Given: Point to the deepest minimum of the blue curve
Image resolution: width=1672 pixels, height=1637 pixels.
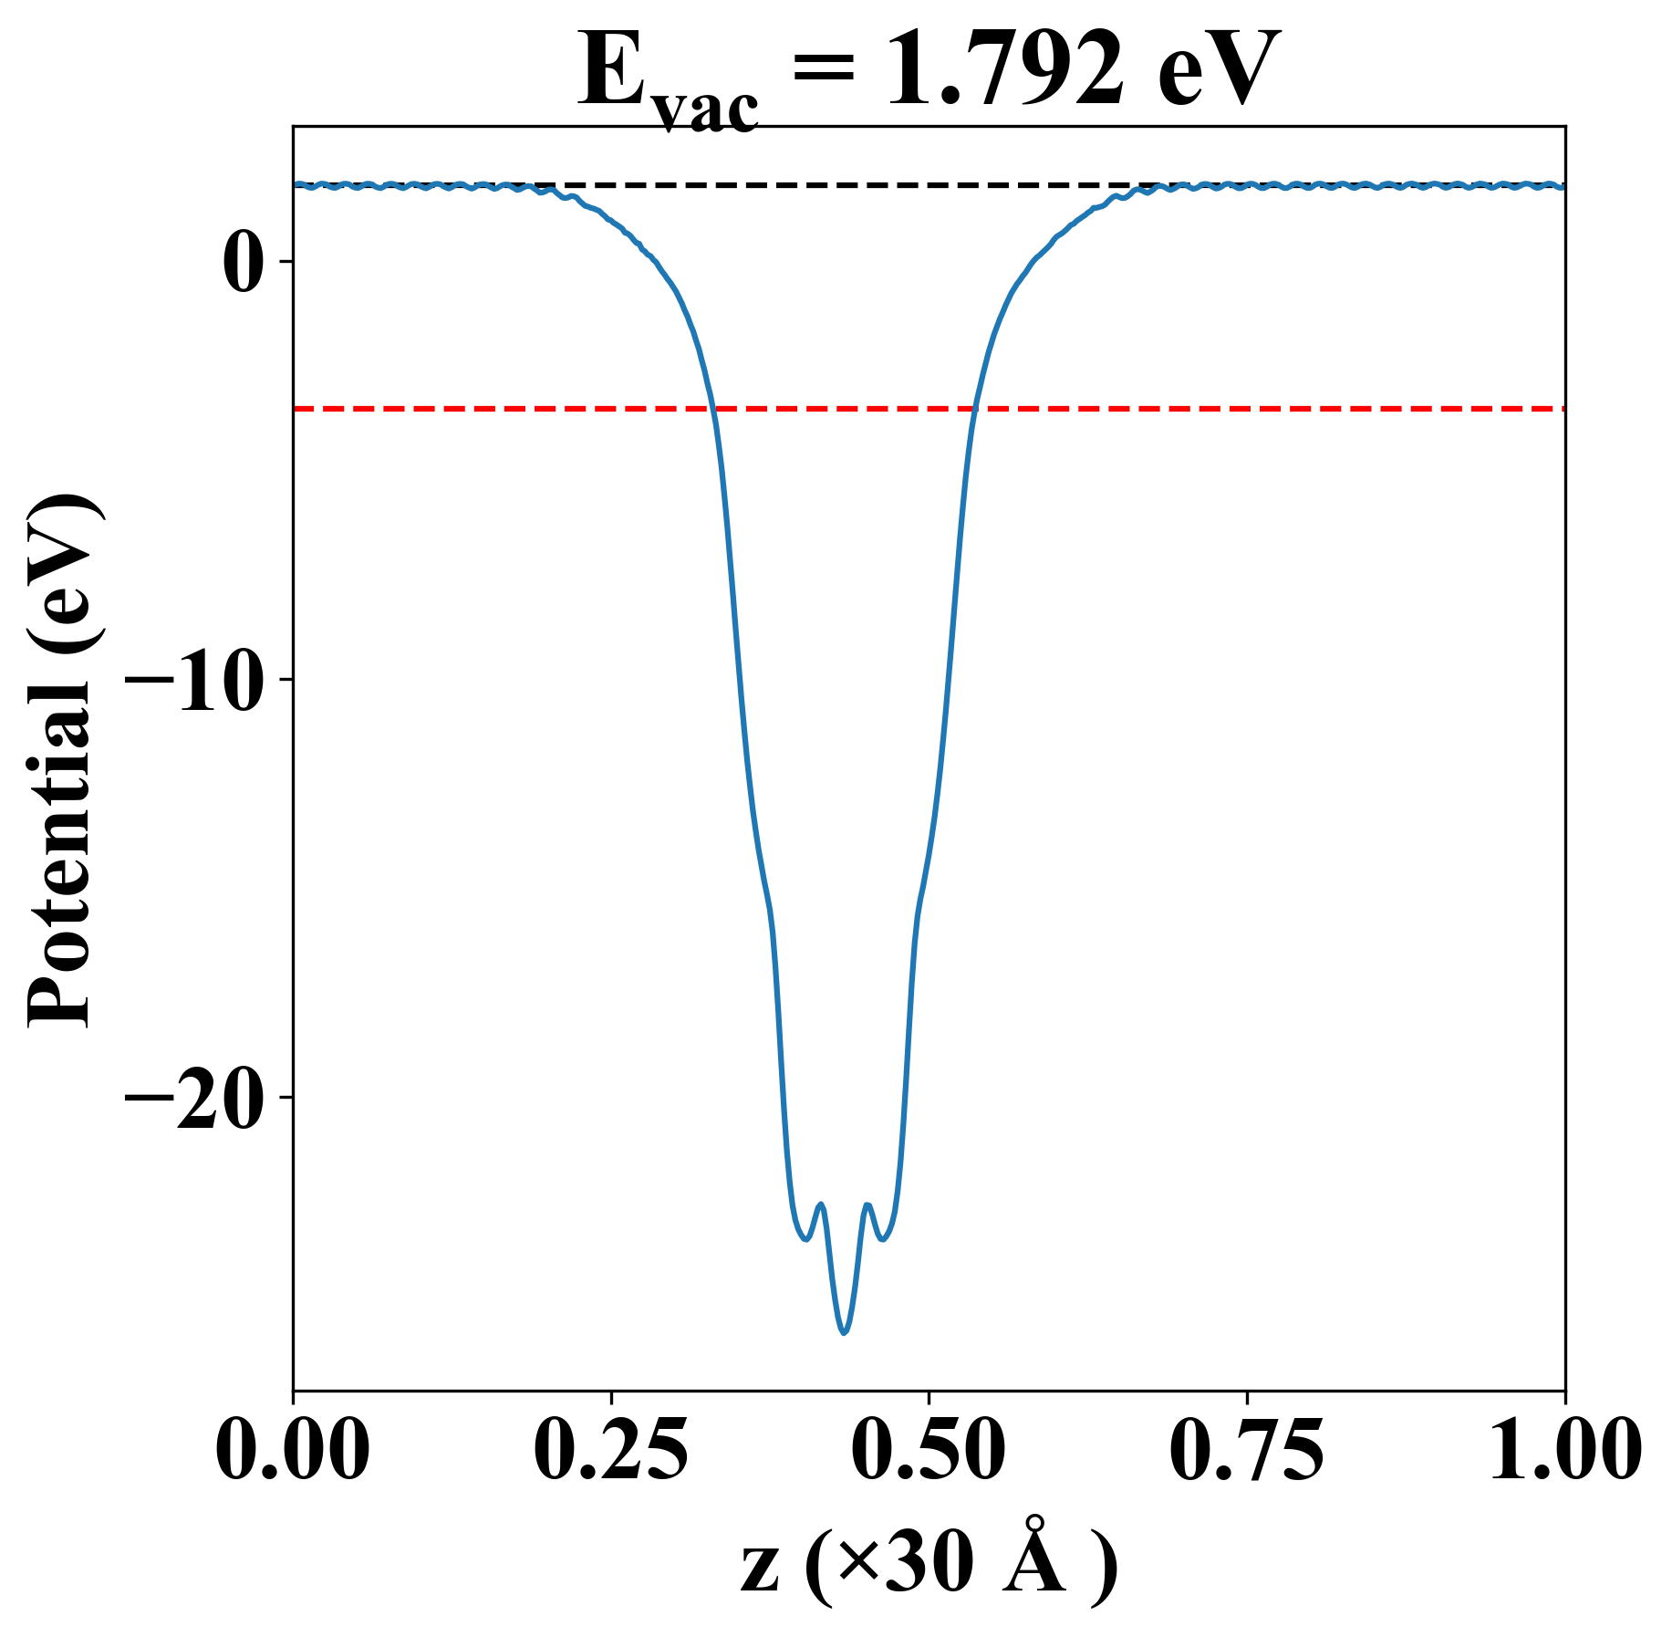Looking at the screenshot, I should point(845,1332).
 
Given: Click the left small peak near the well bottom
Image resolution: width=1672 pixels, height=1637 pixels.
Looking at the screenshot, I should point(822,1204).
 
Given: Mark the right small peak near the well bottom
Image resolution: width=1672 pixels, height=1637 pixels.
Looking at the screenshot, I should point(867,1204).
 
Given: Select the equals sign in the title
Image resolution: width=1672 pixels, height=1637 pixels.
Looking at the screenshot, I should point(826,71).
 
